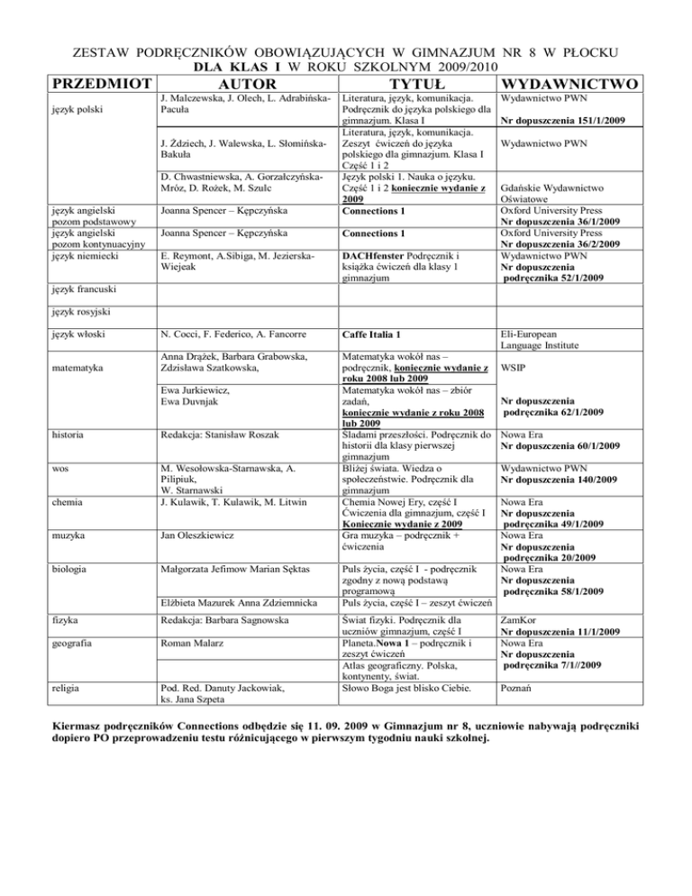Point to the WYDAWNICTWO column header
(x=574, y=82)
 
